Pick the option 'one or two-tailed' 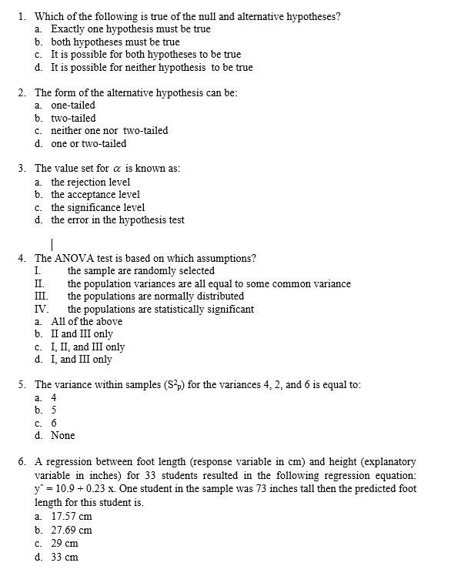click(x=89, y=143)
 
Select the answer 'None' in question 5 click(x=63, y=435)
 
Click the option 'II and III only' click(x=82, y=334)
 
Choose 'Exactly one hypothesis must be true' click(x=131, y=29)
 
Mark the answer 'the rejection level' click(x=91, y=182)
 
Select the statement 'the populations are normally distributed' click(x=155, y=296)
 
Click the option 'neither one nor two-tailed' click(x=109, y=130)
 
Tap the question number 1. click(x=23, y=16)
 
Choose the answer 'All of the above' click(x=86, y=321)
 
